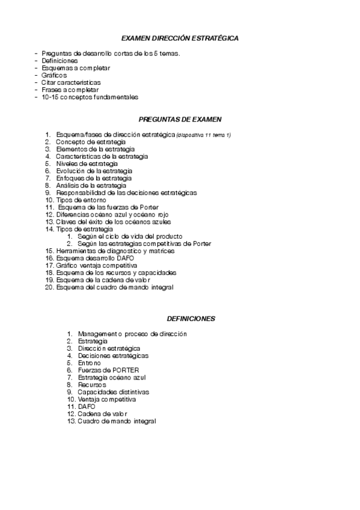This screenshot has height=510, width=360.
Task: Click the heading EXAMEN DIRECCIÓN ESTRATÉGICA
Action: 180,38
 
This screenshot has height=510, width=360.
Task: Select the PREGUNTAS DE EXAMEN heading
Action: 180,119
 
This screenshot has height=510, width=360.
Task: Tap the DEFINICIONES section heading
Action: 191,318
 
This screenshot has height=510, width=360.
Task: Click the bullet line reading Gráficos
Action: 54,75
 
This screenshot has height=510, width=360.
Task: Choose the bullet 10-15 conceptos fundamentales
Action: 90,97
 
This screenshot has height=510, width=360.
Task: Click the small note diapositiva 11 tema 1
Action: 204,135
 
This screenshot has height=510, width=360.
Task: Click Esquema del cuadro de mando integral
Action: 114,287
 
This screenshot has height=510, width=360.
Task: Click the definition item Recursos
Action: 91,384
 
